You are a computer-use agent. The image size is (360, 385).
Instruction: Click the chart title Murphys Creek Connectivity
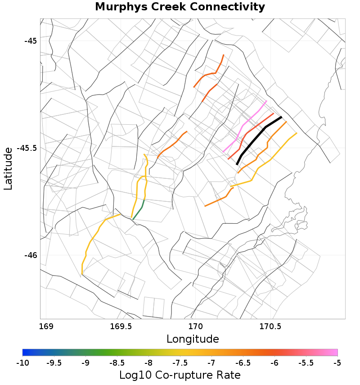coord(180,7)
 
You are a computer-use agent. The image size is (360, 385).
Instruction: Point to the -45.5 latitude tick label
coord(27,148)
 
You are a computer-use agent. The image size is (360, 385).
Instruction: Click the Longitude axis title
coord(193,339)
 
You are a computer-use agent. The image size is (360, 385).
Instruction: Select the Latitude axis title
coord(9,168)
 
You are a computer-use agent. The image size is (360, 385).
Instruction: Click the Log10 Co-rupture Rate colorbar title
coord(180,375)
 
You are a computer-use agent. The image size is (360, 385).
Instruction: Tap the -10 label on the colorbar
coord(22,362)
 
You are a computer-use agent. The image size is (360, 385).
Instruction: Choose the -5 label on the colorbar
coord(337,362)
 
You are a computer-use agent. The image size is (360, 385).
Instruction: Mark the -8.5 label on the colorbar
coord(117,362)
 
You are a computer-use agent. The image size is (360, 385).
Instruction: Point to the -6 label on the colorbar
coord(274,362)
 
